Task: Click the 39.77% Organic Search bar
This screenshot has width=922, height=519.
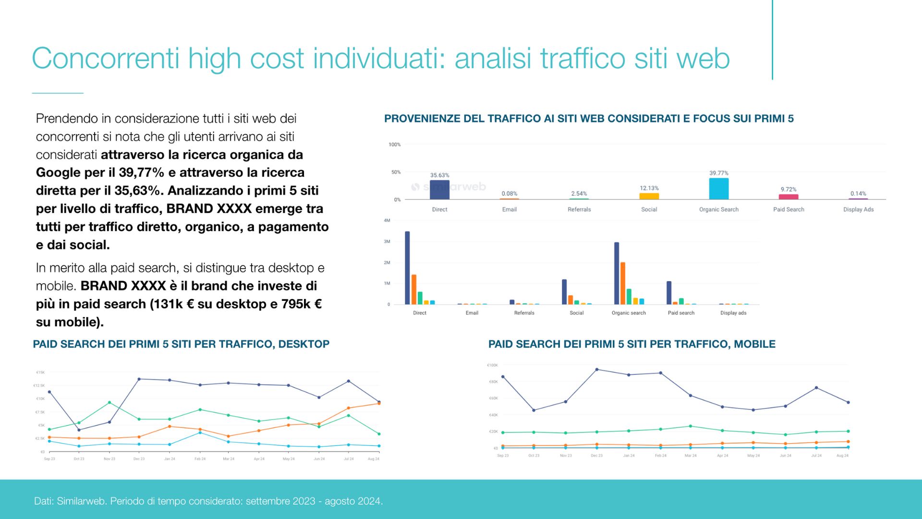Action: coord(718,189)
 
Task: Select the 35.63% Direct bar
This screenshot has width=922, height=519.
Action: coord(439,190)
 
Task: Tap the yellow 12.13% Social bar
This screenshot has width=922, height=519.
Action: coord(649,196)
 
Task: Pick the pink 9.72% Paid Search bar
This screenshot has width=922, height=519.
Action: coord(788,197)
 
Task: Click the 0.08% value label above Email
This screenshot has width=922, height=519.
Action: coord(509,194)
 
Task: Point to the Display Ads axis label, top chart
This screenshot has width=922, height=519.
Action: coord(858,210)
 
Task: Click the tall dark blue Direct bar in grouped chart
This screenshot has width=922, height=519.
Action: coord(407,268)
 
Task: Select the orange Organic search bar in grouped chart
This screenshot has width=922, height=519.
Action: coord(623,283)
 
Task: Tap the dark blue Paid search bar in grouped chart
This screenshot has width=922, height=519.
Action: coord(669,293)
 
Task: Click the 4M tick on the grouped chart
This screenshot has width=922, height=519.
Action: coord(387,220)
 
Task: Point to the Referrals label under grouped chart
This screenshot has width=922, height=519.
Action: coord(524,313)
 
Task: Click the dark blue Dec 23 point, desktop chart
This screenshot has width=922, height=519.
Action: coord(139,379)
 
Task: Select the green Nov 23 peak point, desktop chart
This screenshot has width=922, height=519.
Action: coord(109,402)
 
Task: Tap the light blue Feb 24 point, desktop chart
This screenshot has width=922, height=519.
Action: coord(200,432)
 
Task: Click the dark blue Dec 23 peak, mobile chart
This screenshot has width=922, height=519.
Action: coord(596,370)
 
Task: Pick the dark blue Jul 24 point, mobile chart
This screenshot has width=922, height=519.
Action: coord(816,388)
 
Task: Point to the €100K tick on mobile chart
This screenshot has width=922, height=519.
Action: coord(492,365)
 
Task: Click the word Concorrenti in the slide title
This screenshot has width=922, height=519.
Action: coord(106,59)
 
